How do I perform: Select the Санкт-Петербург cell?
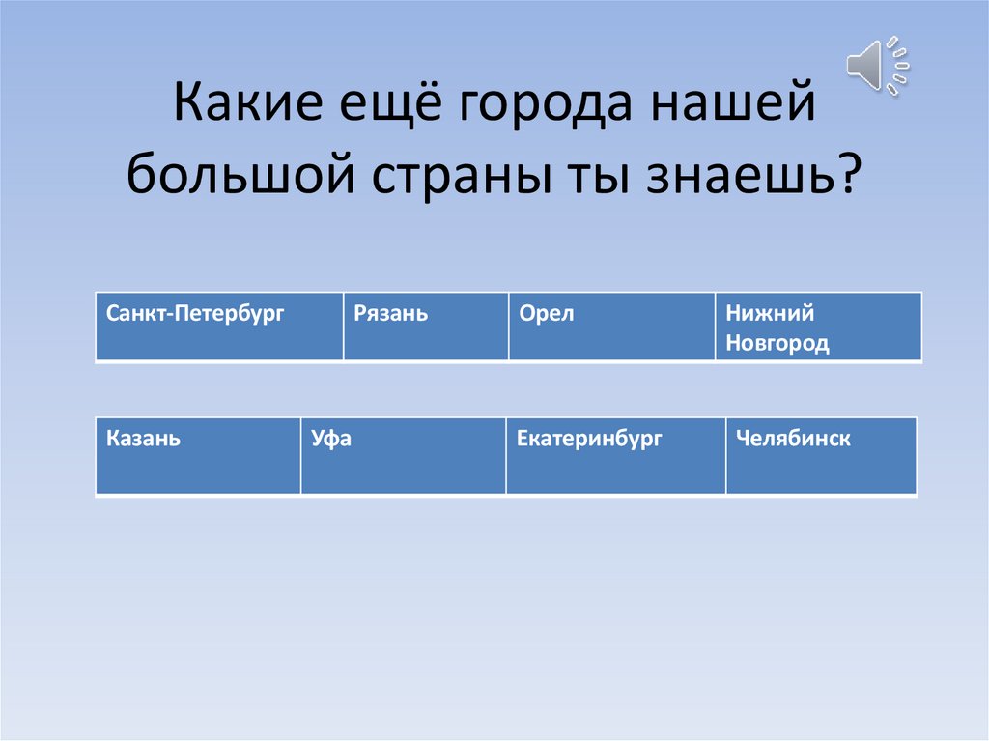tap(219, 328)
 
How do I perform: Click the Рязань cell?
tap(426, 328)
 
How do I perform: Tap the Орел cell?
tap(612, 328)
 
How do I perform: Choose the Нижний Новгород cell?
tap(818, 328)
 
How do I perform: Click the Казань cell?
tap(198, 456)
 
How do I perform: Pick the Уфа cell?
tap(403, 456)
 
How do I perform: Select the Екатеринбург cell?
tap(615, 456)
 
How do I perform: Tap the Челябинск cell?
tap(820, 456)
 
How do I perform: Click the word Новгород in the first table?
tap(777, 344)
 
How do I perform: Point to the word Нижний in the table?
tap(771, 313)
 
